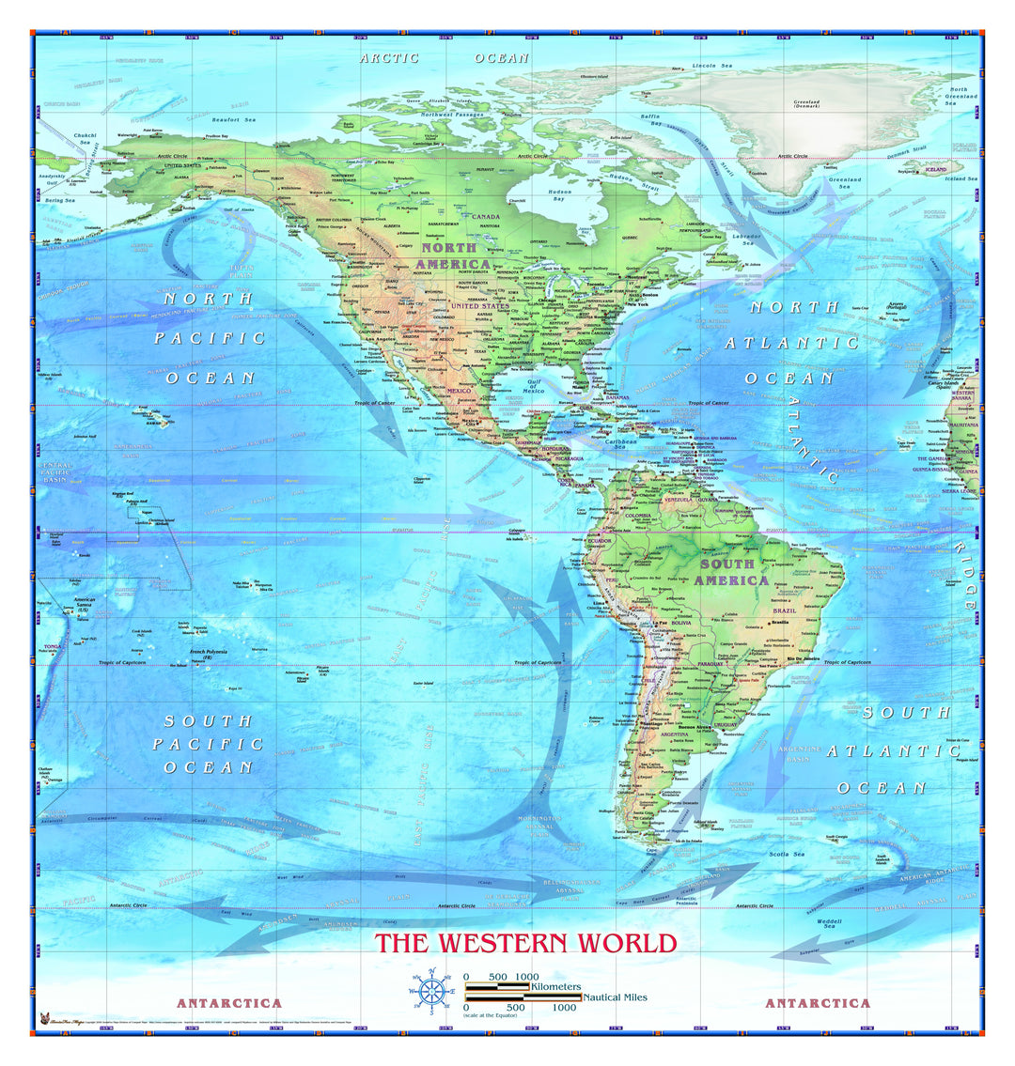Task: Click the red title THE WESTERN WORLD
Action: click(526, 943)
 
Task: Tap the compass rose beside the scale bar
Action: click(431, 990)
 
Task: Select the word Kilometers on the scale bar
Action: click(555, 987)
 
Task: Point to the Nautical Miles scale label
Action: click(615, 997)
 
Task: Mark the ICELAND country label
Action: click(936, 170)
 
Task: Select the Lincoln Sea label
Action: click(711, 66)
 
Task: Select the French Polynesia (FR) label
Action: click(211, 654)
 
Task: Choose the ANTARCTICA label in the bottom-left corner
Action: click(229, 1003)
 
